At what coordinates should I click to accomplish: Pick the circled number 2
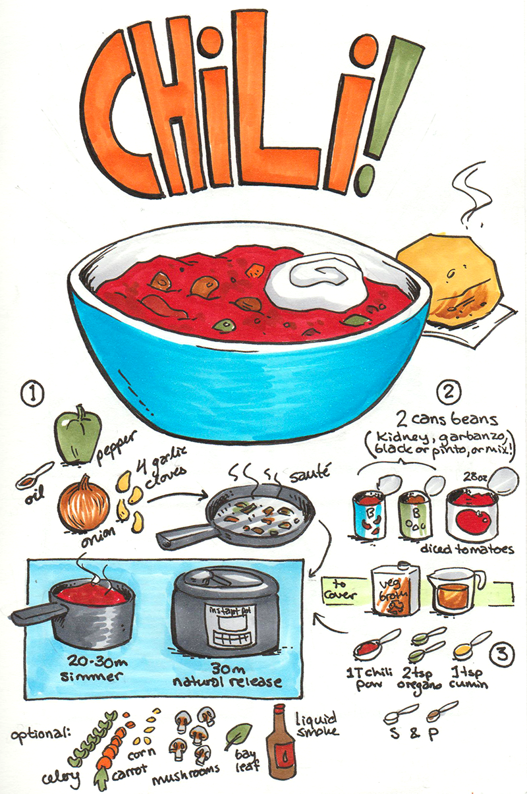coord(449,392)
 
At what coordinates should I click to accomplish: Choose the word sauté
coord(310,474)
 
